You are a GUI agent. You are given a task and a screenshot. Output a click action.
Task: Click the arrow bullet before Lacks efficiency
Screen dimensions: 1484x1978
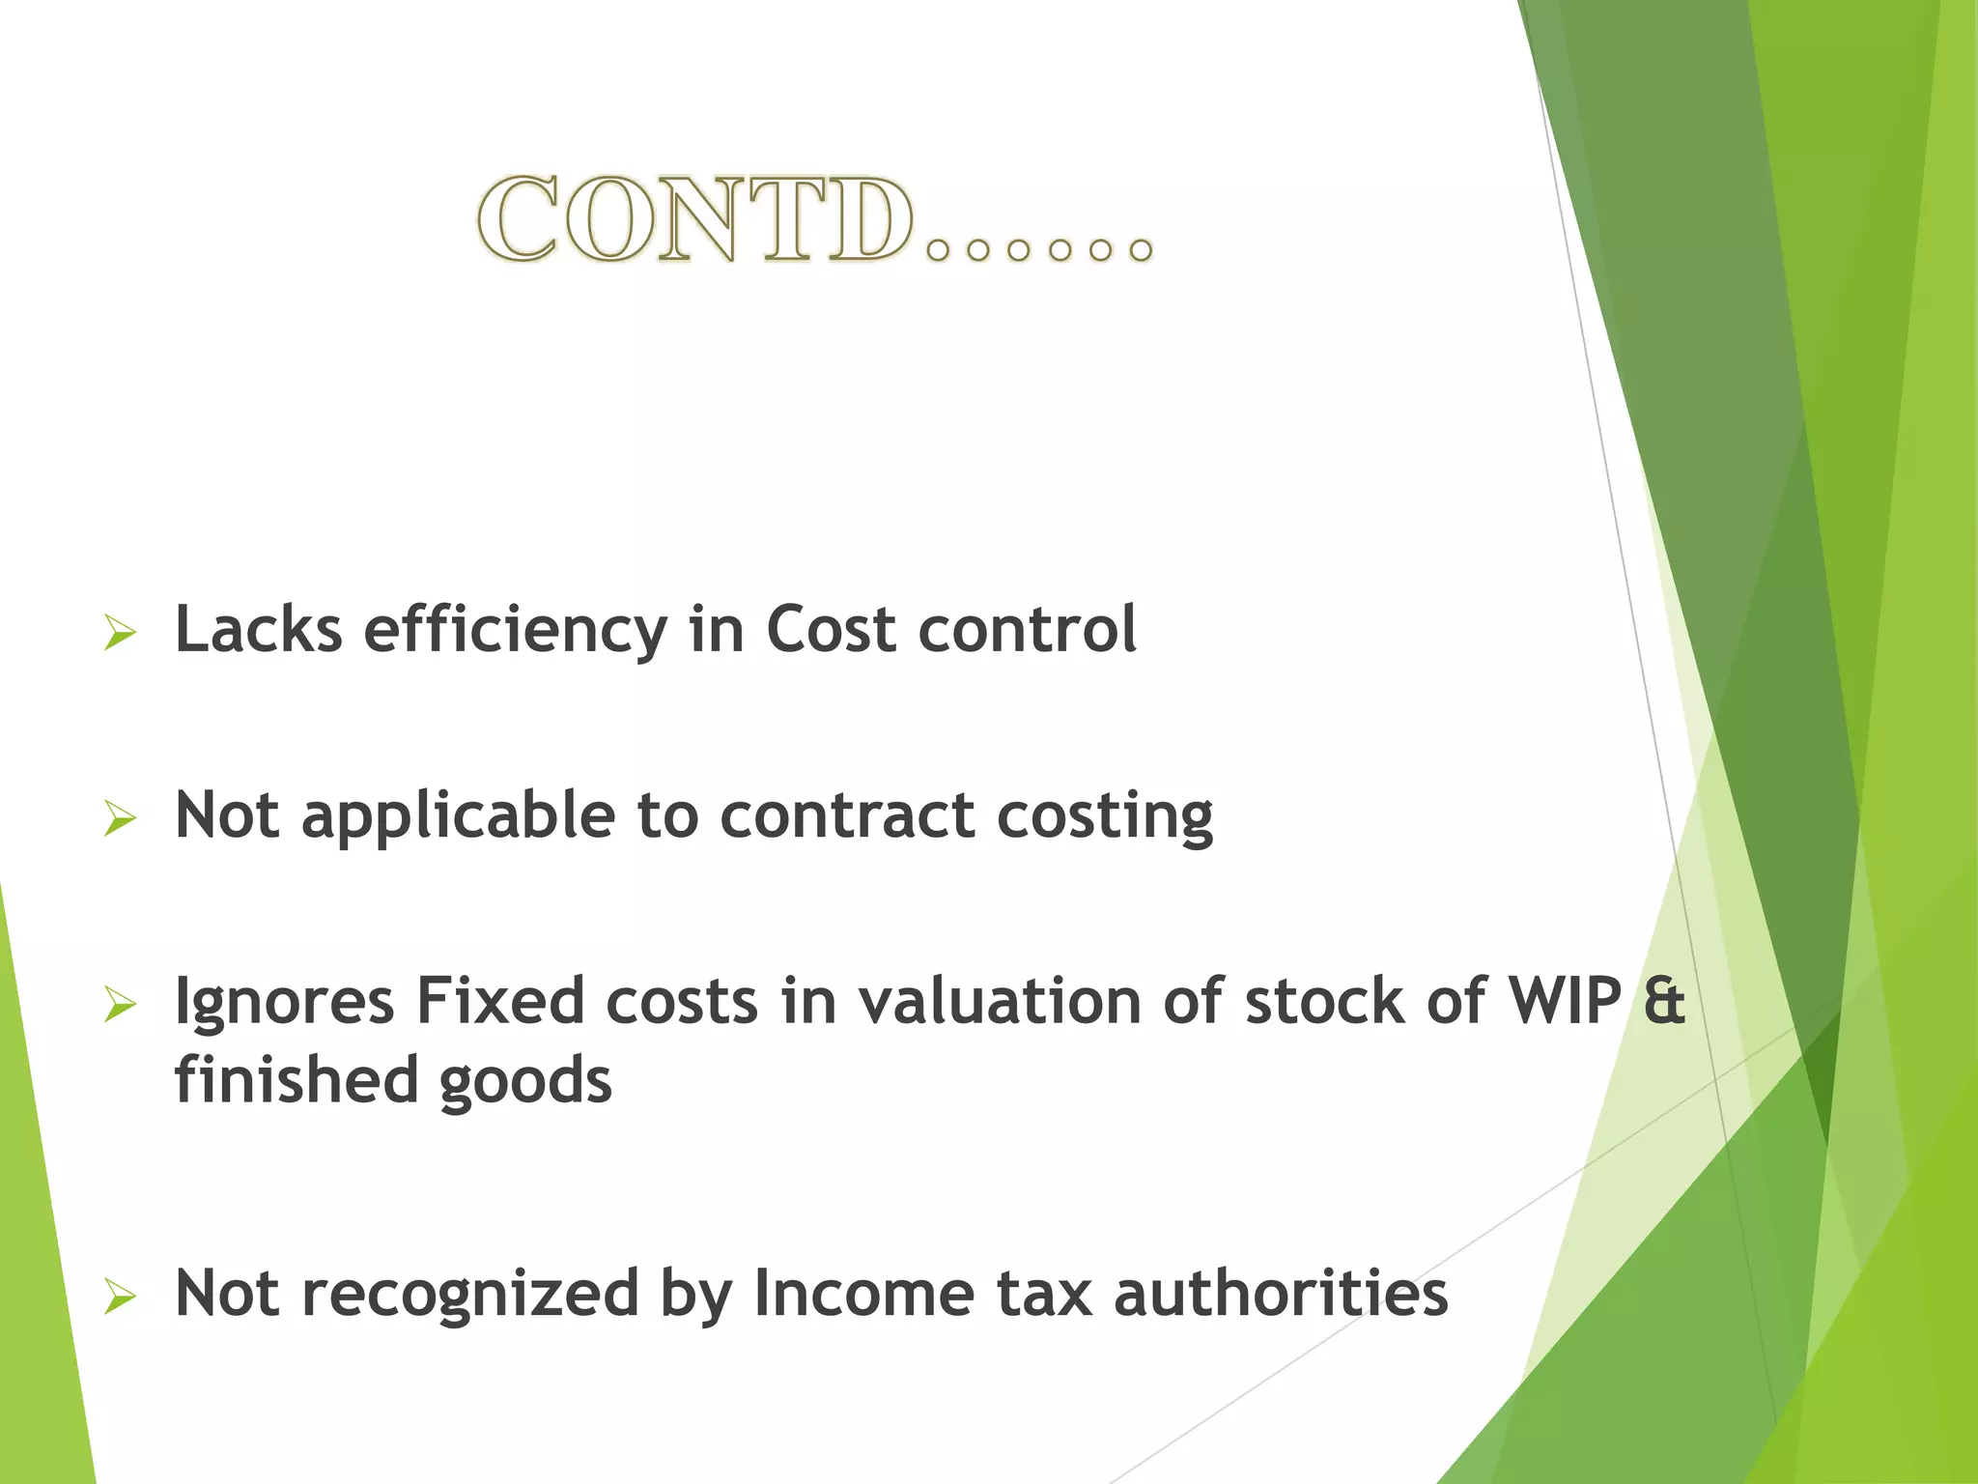tap(120, 634)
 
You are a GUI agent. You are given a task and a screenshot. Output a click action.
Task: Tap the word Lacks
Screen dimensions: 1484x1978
tap(258, 630)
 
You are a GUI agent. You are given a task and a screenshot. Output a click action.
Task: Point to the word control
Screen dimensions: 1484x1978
tap(1027, 630)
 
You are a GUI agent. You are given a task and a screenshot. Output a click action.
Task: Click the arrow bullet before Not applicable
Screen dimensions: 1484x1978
tap(120, 819)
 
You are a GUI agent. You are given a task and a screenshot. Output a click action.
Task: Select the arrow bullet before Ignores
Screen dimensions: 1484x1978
tap(120, 1005)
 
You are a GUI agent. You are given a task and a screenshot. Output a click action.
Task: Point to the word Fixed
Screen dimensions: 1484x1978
tap(499, 1001)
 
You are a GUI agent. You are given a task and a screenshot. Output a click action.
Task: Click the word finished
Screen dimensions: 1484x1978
tap(296, 1080)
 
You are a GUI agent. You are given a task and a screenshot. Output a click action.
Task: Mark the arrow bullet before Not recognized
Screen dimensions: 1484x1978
tap(120, 1297)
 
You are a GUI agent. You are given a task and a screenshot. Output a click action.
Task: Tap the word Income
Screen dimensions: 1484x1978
tap(863, 1293)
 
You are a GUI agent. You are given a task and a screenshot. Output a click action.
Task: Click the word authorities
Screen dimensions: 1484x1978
tap(1281, 1293)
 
